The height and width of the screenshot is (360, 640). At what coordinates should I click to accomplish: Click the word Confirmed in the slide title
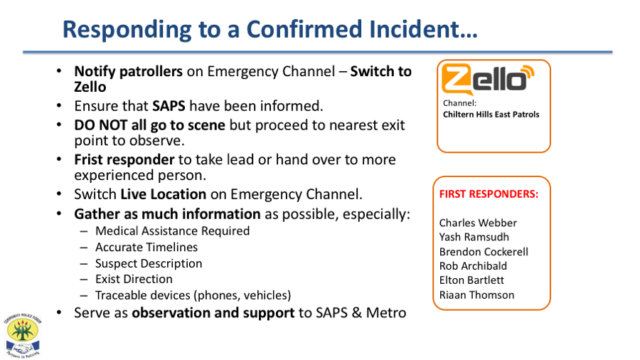point(304,29)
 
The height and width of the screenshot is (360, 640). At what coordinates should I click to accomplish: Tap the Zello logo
point(488,79)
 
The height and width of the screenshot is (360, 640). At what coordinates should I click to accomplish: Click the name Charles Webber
point(478,223)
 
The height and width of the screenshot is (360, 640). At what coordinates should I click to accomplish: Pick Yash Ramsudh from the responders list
point(474,237)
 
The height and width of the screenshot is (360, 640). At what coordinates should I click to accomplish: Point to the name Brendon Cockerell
point(484,251)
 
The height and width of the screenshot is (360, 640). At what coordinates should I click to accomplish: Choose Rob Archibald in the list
point(473,265)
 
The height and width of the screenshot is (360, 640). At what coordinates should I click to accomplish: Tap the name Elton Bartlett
point(471,280)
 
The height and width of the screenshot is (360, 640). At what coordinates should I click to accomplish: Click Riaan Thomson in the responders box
point(476,295)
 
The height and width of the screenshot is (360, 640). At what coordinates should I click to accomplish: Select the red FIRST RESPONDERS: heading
point(489,194)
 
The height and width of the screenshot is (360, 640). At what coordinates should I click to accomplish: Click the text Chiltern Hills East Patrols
point(491,115)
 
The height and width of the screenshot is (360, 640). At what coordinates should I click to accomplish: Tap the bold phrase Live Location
point(164,194)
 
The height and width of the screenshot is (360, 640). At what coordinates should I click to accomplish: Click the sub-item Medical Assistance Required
point(172,231)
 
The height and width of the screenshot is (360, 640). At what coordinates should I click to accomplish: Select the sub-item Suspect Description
point(149,264)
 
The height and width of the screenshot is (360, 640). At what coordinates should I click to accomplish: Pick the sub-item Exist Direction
point(134,279)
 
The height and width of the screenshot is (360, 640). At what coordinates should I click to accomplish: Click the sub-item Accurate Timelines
point(146,248)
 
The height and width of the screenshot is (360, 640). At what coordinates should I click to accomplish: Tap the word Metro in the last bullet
point(386,312)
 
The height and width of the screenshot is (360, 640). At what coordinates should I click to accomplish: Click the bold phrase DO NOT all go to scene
point(150,125)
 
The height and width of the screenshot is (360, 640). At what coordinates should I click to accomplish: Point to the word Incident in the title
point(423,29)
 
